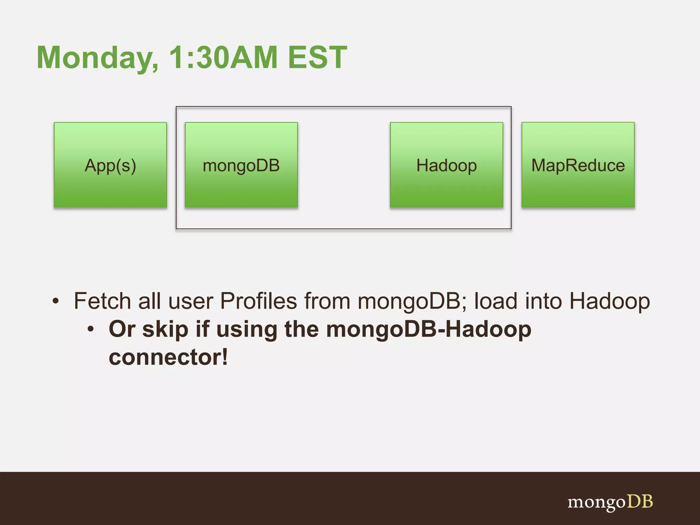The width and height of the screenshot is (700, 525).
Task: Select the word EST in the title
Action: (x=318, y=57)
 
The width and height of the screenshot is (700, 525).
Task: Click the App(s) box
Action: (x=110, y=165)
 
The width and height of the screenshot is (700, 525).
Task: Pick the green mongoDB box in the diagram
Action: (x=241, y=165)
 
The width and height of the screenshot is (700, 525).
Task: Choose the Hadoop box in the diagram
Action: (x=446, y=165)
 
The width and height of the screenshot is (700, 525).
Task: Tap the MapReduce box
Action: (x=578, y=165)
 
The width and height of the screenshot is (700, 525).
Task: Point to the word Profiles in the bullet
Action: (x=258, y=301)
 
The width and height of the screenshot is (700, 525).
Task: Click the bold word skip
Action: (x=165, y=329)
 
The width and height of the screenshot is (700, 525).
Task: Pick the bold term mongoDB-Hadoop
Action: (x=429, y=329)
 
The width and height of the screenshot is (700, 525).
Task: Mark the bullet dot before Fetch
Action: (x=56, y=301)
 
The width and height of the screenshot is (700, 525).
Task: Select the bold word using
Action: (x=247, y=329)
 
